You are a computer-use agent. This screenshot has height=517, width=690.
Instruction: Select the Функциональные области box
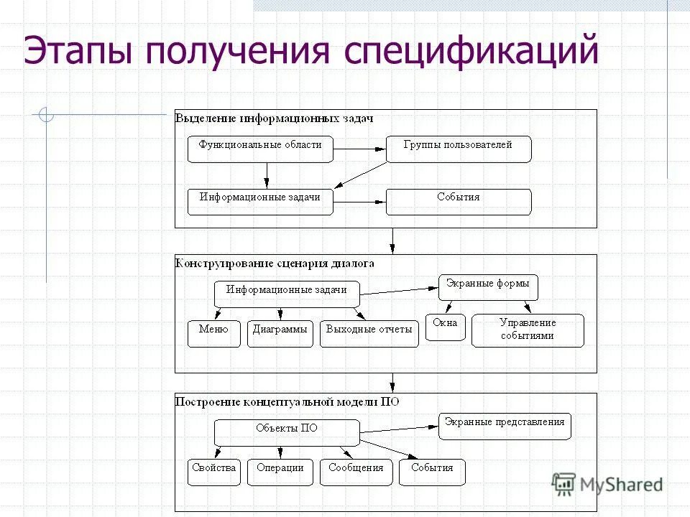(x=260, y=149)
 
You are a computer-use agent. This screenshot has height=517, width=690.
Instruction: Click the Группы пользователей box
(x=459, y=149)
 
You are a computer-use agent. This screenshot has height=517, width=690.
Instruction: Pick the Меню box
(x=213, y=333)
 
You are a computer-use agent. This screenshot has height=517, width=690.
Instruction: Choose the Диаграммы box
(x=280, y=333)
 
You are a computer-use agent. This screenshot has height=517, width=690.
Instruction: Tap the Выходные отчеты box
(x=369, y=333)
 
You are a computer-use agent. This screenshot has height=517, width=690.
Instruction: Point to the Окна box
(x=445, y=327)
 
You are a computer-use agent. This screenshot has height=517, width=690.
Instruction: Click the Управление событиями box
(x=528, y=330)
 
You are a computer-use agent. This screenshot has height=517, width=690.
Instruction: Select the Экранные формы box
(x=488, y=287)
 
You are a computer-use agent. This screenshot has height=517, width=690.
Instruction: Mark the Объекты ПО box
(x=287, y=432)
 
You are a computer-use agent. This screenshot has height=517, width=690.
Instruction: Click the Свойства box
(x=213, y=472)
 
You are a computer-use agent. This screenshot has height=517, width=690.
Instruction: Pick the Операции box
(x=280, y=472)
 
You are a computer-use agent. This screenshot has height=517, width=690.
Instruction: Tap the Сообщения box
(x=356, y=472)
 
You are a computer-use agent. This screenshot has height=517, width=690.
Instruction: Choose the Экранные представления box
(x=505, y=426)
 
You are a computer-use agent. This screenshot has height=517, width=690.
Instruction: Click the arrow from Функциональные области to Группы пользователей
(x=359, y=149)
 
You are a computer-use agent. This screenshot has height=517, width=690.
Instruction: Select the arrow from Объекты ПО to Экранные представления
(x=399, y=429)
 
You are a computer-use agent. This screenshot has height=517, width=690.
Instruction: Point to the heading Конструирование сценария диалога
(x=275, y=264)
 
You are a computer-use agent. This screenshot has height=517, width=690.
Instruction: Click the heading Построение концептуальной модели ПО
(x=287, y=402)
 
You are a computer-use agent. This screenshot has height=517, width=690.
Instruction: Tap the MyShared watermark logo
(x=608, y=484)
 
